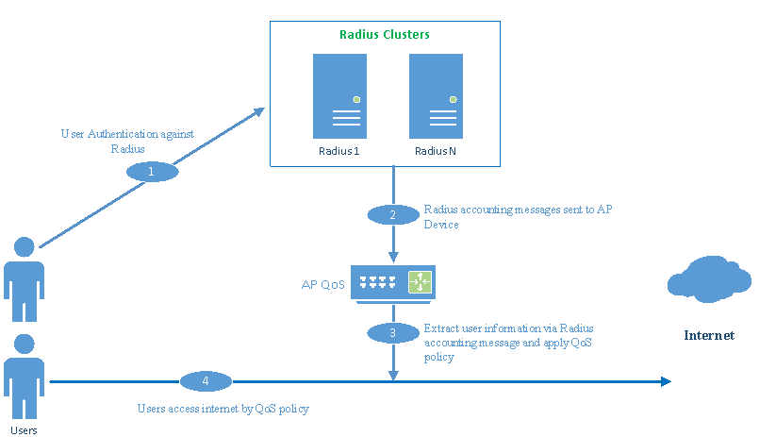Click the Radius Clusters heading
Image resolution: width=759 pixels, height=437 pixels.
(384, 35)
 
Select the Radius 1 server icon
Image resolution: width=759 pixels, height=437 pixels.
(339, 96)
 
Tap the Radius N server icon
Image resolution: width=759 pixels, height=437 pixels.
(436, 96)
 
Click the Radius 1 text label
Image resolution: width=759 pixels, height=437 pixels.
(339, 152)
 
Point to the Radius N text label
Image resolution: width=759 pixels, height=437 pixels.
(436, 152)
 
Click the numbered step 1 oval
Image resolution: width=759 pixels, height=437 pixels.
(152, 173)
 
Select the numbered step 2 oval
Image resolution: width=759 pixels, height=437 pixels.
(392, 214)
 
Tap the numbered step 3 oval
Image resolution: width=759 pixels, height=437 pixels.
(392, 332)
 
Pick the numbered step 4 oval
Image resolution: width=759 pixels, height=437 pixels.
(206, 381)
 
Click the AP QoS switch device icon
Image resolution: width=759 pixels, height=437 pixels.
(393, 282)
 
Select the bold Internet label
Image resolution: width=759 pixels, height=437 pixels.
(708, 335)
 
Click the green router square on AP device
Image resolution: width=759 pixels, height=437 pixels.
(419, 281)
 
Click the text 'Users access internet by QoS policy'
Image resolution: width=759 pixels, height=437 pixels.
(223, 409)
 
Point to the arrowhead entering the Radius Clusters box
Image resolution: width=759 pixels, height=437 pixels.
(261, 110)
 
